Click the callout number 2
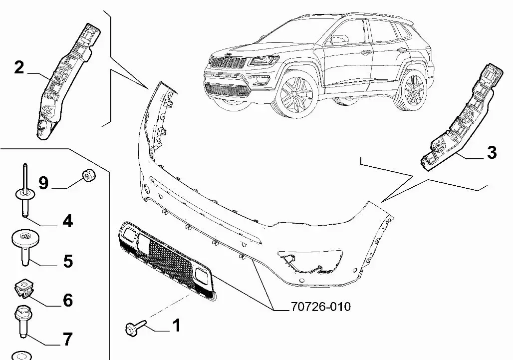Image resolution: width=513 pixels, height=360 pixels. pyautogui.click(x=19, y=67)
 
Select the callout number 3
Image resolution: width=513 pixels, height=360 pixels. pyautogui.click(x=492, y=152)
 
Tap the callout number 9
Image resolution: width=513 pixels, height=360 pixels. pyautogui.click(x=43, y=183)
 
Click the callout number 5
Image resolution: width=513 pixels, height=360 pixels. pyautogui.click(x=67, y=261)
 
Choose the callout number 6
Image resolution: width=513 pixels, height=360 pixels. pyautogui.click(x=67, y=300)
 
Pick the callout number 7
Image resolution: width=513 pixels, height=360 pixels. pyautogui.click(x=67, y=340)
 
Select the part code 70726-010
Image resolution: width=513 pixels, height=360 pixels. pyautogui.click(x=320, y=306)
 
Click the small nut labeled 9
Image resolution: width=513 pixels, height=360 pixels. pyautogui.click(x=88, y=176)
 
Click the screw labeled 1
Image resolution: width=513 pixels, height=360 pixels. pyautogui.click(x=135, y=328)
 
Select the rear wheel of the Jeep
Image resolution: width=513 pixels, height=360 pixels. pyautogui.click(x=412, y=89)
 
